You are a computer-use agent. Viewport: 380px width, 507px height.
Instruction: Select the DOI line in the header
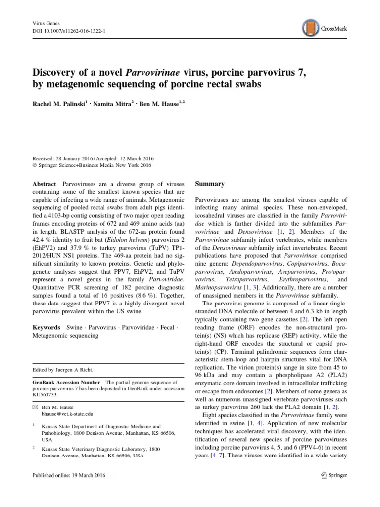point(64,30)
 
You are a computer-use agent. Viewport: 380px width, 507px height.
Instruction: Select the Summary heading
point(210,184)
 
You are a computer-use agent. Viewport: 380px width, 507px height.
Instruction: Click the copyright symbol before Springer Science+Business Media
point(34,165)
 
